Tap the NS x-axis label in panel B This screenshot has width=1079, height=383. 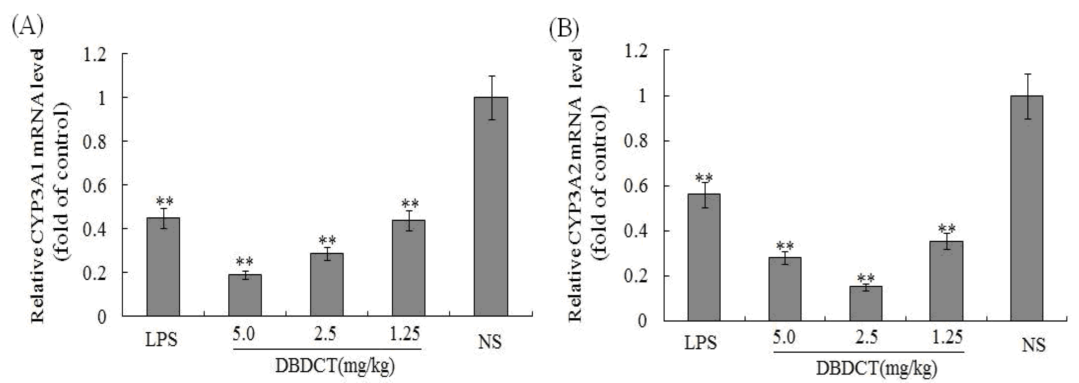[1033, 344]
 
